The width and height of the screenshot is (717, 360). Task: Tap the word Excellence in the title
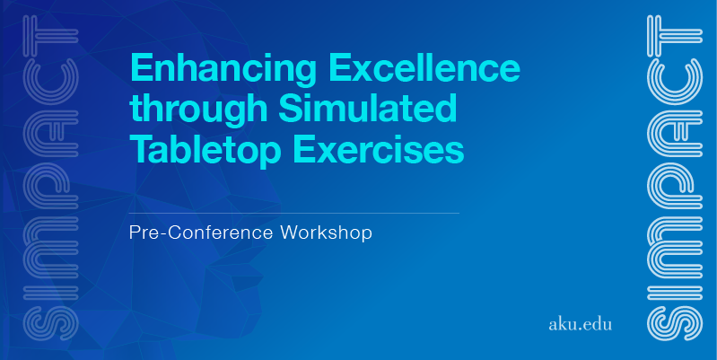[424, 66]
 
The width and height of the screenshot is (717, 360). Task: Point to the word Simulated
[368, 108]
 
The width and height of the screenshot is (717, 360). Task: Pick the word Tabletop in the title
[208, 151]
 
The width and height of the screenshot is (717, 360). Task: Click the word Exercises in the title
[379, 149]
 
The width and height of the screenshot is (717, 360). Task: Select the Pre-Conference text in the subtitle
[201, 233]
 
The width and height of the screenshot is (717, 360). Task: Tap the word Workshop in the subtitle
[326, 233]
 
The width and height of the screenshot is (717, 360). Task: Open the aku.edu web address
[580, 325]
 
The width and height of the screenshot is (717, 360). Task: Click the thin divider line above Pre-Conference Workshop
[294, 213]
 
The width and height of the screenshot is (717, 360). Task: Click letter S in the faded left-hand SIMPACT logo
[50, 324]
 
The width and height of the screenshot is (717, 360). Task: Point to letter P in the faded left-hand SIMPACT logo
[50, 185]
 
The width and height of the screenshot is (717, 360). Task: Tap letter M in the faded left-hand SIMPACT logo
[50, 249]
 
